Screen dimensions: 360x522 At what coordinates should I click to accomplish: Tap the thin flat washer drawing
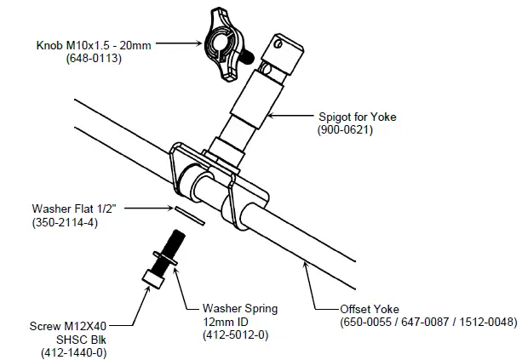191,214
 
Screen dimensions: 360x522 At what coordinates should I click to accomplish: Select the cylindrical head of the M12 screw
152,277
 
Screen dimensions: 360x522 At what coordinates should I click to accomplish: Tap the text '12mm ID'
227,323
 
